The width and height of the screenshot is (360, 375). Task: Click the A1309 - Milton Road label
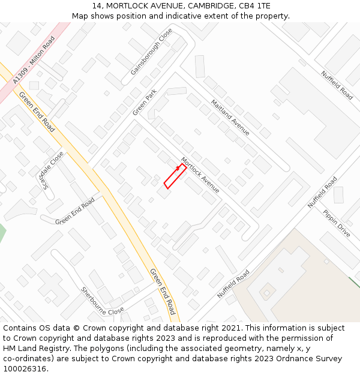[34, 58]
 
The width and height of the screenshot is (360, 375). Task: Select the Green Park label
[145, 103]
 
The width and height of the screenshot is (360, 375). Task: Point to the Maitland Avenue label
[230, 116]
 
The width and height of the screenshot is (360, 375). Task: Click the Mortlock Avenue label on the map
[200, 175]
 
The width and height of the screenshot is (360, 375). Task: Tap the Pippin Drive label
[336, 223]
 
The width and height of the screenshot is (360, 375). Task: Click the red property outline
[175, 176]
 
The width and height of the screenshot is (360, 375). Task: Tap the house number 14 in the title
[97, 6]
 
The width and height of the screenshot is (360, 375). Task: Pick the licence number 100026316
[26, 369]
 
